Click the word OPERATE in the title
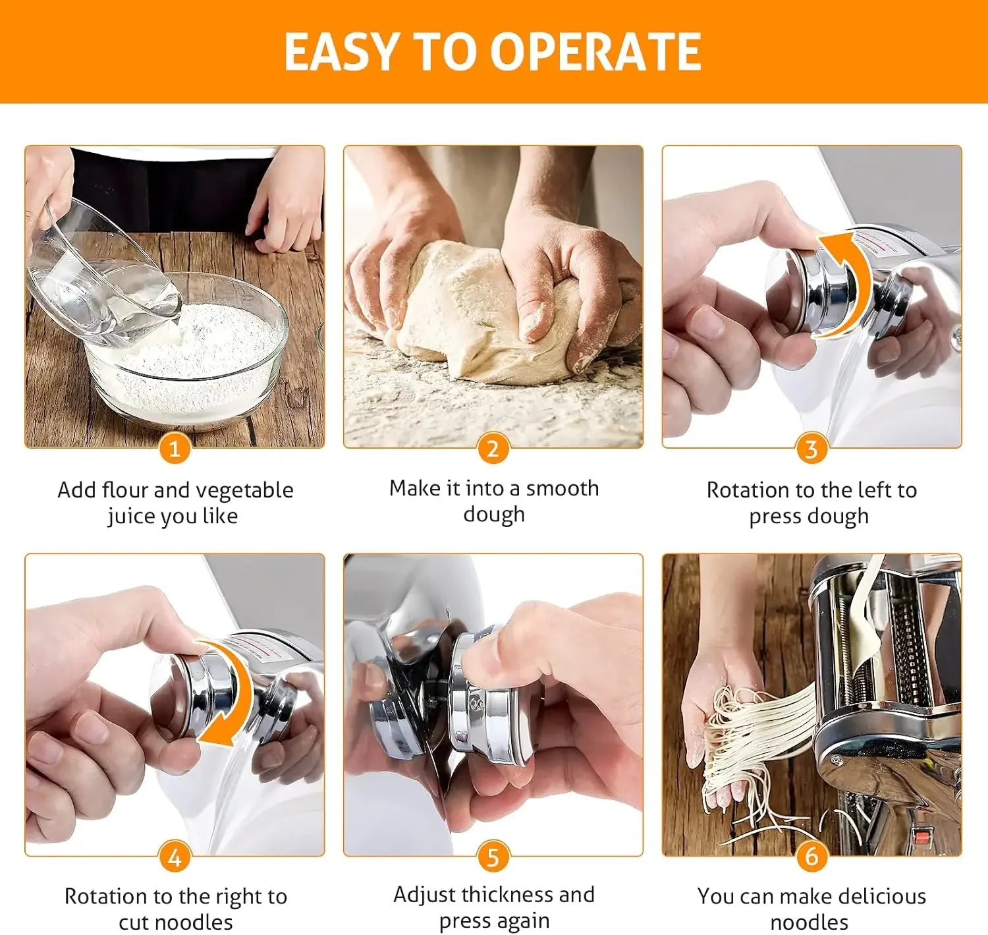[595, 51]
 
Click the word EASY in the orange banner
[341, 51]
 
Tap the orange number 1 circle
[175, 449]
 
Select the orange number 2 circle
[493, 449]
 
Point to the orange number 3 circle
[811, 449]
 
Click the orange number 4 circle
[175, 857]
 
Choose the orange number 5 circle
[493, 857]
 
